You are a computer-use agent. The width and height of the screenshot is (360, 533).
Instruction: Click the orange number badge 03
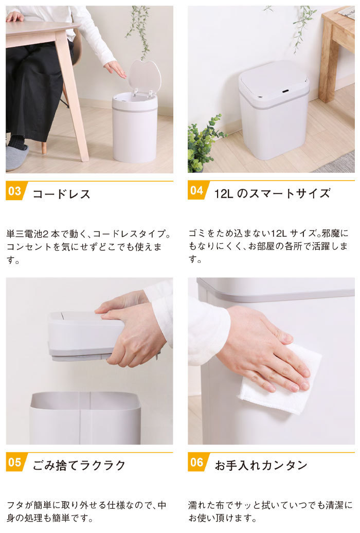tap(15, 191)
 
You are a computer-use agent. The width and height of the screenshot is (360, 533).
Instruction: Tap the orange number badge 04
tap(197, 191)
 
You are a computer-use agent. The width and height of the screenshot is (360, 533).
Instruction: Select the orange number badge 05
tap(15, 463)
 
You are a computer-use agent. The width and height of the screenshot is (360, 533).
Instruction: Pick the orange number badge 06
tap(197, 463)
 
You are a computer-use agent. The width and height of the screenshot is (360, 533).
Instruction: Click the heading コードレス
tap(62, 194)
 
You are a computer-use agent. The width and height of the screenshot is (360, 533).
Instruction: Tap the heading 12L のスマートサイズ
tap(272, 193)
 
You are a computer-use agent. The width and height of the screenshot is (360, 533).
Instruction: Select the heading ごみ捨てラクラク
tap(79, 465)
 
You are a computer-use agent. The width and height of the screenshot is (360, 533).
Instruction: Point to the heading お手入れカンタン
tap(261, 465)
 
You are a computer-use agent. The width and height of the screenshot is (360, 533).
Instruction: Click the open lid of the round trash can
tap(144, 78)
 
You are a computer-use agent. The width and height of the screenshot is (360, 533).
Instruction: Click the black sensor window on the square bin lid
tap(285, 91)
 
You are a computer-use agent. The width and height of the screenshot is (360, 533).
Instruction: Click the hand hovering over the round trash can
tap(115, 69)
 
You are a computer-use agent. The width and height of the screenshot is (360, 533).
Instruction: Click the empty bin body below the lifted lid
tap(85, 418)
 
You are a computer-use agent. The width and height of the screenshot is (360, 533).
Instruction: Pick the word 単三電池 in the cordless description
tap(24, 234)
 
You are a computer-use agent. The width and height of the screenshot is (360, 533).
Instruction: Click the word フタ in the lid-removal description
tap(15, 505)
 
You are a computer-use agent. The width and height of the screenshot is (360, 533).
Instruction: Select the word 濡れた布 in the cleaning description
tap(205, 505)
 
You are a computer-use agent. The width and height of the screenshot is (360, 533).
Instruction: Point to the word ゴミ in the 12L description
tap(197, 234)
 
